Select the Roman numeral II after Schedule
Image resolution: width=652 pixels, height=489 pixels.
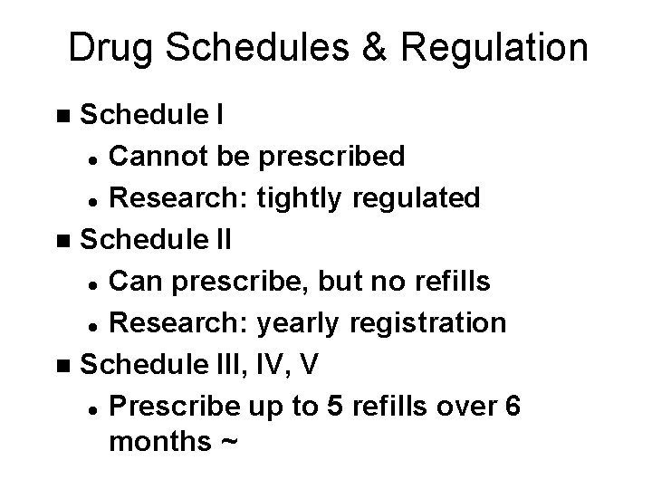click(x=221, y=240)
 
